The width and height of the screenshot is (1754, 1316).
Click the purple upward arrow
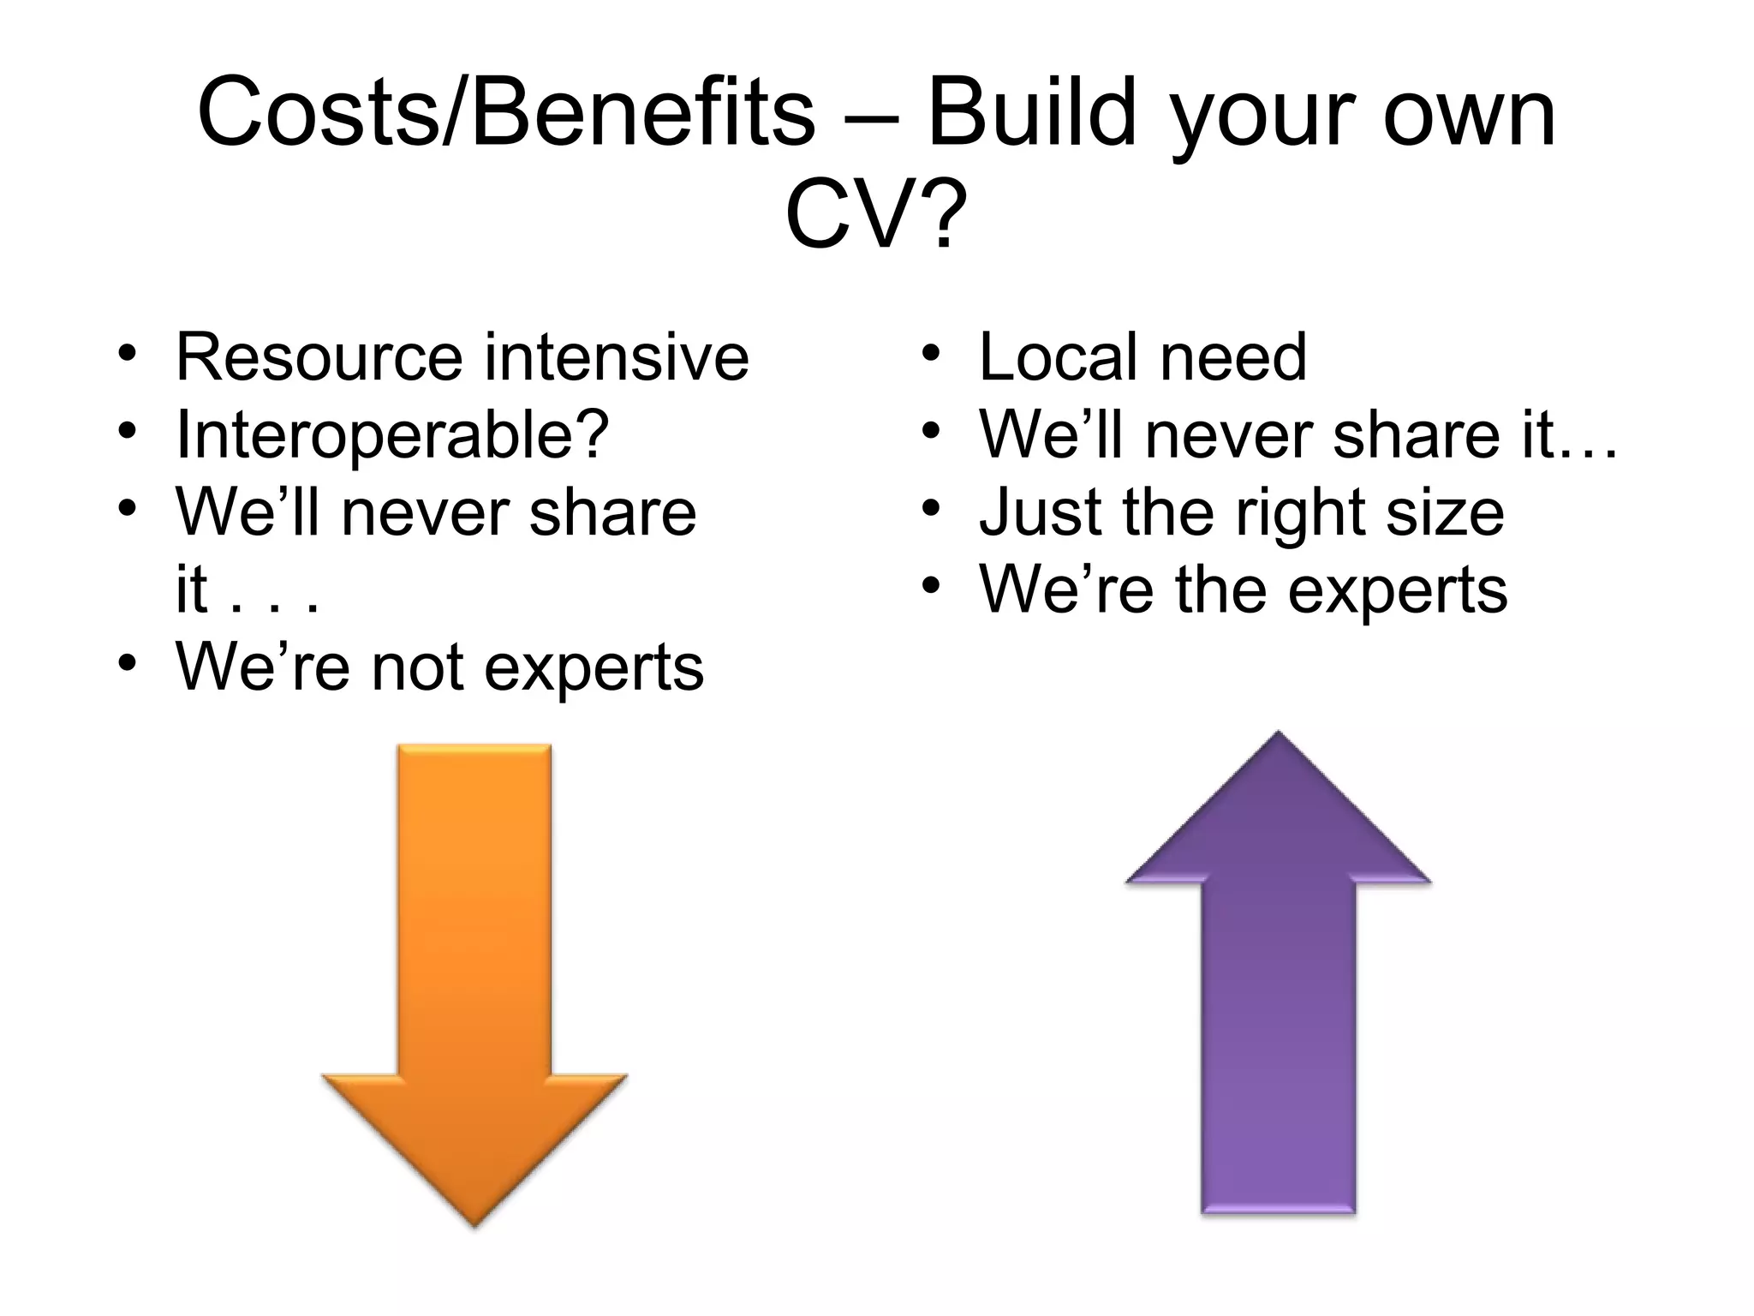[1278, 985]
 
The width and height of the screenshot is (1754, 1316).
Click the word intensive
[617, 357]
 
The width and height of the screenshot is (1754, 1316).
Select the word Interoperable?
[392, 435]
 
